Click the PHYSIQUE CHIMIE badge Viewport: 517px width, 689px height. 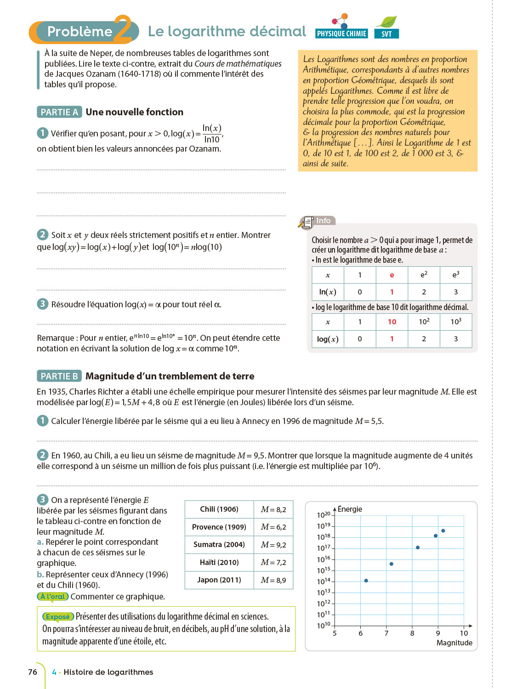pyautogui.click(x=341, y=34)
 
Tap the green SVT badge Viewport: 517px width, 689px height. pyautogui.click(x=386, y=34)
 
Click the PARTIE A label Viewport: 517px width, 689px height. pyautogui.click(x=59, y=112)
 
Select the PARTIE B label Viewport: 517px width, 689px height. pyautogui.click(x=59, y=376)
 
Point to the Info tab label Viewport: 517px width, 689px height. pyautogui.click(x=323, y=221)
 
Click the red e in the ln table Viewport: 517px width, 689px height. pyautogui.click(x=392, y=275)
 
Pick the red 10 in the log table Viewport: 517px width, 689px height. pyautogui.click(x=392, y=322)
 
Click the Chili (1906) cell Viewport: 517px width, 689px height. pyautogui.click(x=219, y=509)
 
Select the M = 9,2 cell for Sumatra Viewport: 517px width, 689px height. pyautogui.click(x=273, y=545)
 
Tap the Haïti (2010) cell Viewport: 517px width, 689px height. pyautogui.click(x=219, y=562)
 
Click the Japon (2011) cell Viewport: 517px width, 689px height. pyautogui.click(x=219, y=580)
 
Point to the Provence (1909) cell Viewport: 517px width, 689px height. pyautogui.click(x=219, y=527)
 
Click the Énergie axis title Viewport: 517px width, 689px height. pyautogui.click(x=350, y=509)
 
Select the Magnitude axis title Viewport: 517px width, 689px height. pyautogui.click(x=454, y=643)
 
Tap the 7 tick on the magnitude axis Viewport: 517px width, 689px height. pyautogui.click(x=386, y=633)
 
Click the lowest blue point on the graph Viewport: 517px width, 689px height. pyautogui.click(x=366, y=581)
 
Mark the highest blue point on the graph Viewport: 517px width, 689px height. pyautogui.click(x=443, y=531)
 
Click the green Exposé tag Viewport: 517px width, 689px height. pyautogui.click(x=58, y=617)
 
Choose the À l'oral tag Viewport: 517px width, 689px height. pyautogui.click(x=53, y=597)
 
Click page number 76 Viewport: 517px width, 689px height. pyautogui.click(x=33, y=672)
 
